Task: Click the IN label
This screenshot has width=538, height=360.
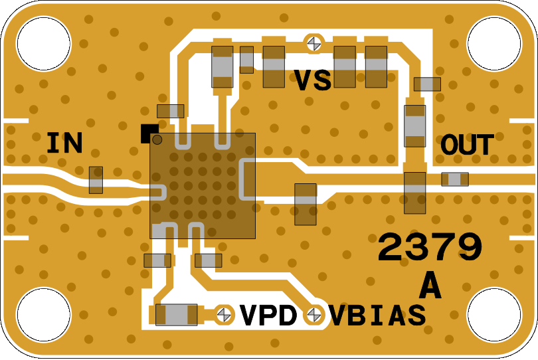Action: click(x=64, y=143)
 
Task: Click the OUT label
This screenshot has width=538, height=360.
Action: click(x=468, y=145)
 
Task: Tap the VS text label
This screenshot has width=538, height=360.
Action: click(x=313, y=81)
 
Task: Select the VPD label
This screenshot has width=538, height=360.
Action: click(x=268, y=315)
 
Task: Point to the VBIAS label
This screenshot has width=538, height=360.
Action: click(x=377, y=315)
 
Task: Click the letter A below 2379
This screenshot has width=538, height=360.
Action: click(x=430, y=286)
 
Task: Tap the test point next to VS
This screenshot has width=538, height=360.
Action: click(x=313, y=44)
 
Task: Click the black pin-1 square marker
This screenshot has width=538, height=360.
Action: click(x=147, y=132)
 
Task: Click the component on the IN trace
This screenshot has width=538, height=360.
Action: click(x=96, y=180)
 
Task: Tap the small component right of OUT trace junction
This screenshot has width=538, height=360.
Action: click(x=455, y=179)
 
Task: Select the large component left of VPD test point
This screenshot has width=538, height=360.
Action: click(x=176, y=314)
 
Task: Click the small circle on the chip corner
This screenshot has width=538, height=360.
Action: click(x=157, y=139)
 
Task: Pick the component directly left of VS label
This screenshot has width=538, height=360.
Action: click(x=274, y=66)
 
